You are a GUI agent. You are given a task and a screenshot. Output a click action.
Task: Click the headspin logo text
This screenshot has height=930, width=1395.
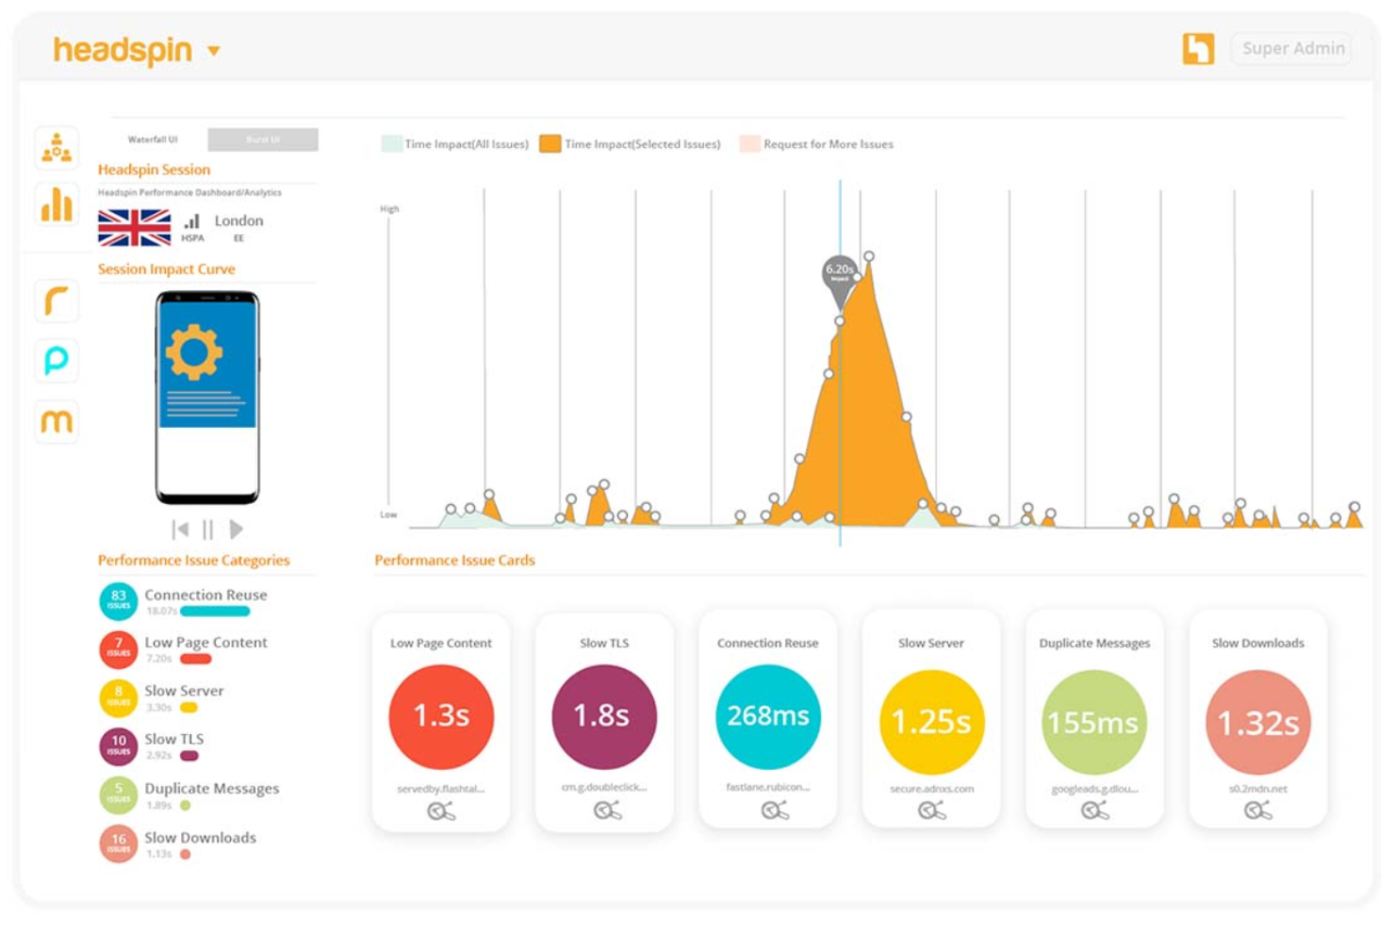(123, 50)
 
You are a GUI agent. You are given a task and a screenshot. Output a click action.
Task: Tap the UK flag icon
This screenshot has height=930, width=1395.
(134, 227)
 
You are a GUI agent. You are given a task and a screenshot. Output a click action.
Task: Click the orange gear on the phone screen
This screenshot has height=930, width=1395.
(193, 351)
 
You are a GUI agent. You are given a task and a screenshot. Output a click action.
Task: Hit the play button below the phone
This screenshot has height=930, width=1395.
(237, 530)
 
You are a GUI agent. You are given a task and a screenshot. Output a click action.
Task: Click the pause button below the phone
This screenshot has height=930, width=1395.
(208, 530)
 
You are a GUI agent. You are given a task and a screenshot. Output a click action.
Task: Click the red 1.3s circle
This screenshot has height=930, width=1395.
(441, 716)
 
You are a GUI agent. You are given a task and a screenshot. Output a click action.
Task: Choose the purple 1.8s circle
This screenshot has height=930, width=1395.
(603, 716)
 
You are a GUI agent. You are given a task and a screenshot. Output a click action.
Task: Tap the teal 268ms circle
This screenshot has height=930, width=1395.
(767, 716)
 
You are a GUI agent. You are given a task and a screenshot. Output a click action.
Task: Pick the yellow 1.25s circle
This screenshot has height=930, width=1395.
(931, 722)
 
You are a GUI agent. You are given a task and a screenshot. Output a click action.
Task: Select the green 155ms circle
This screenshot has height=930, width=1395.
(1093, 722)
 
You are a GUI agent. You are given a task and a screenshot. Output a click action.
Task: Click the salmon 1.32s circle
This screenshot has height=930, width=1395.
(1257, 722)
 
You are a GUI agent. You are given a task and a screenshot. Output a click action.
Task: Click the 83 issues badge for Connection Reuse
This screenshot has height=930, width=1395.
(119, 600)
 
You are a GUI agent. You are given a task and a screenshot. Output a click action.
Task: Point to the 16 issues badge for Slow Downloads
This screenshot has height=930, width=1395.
(119, 842)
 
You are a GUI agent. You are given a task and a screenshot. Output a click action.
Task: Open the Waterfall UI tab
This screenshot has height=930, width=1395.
(153, 139)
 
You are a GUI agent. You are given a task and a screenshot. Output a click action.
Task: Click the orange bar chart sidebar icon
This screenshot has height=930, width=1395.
(57, 204)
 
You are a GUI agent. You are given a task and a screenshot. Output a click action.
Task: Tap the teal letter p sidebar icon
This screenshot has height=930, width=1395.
(57, 360)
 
